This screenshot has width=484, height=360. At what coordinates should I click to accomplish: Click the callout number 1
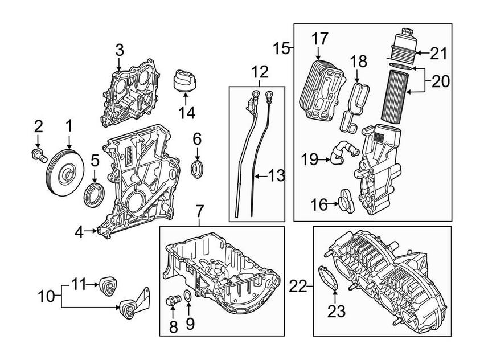(69, 125)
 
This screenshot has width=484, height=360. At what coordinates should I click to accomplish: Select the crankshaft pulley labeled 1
(64, 173)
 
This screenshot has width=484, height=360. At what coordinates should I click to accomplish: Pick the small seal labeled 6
(197, 168)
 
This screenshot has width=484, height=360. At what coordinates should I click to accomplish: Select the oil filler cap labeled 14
(187, 81)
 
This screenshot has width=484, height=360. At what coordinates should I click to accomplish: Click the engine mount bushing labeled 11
(108, 284)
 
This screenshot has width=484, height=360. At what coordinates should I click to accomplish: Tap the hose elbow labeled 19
(342, 153)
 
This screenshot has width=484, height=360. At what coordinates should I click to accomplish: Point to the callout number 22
(297, 285)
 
